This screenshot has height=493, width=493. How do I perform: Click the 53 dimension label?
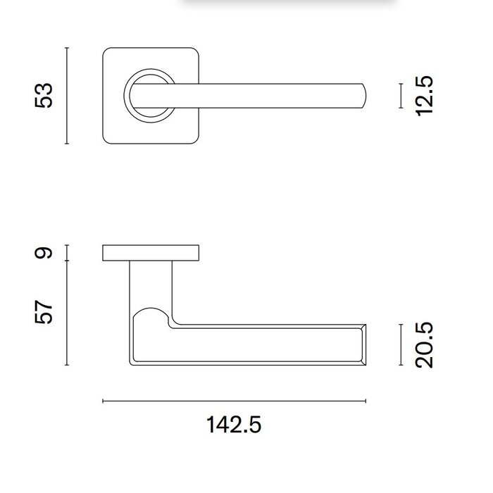pos(44,95)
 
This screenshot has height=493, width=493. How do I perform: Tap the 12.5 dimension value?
pos(425,96)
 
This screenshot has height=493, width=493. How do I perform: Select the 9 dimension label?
pos(44,253)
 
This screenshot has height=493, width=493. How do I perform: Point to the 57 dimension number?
pos(44,312)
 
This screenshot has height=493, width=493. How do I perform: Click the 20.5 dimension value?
pos(425,345)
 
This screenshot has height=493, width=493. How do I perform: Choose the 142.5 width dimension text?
pos(234,425)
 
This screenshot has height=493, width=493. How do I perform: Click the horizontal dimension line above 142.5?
pos(234,401)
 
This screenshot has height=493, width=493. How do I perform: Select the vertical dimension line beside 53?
pos(66,96)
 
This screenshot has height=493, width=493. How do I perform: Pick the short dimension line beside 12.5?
pos(400,96)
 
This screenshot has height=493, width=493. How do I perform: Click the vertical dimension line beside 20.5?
pos(400,345)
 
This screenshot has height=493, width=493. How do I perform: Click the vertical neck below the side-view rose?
pos(151,282)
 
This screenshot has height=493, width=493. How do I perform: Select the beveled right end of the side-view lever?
pos(363,345)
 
